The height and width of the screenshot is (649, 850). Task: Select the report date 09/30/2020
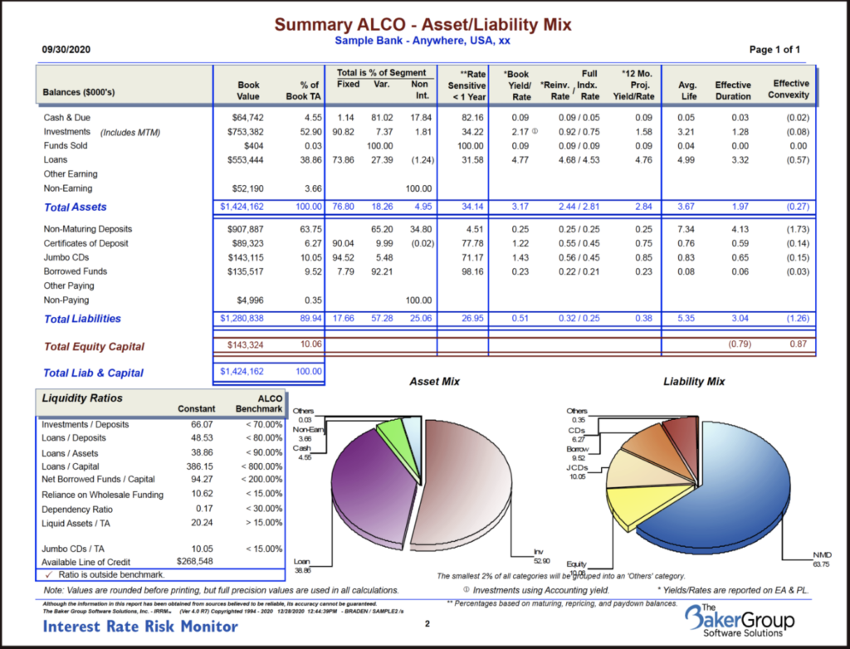click(x=66, y=50)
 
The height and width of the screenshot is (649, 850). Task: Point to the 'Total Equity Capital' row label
click(x=94, y=347)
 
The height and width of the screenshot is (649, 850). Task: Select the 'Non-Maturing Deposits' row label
click(x=87, y=229)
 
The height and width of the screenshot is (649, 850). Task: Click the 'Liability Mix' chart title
click(x=693, y=382)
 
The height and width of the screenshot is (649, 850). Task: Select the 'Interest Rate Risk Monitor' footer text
click(x=140, y=627)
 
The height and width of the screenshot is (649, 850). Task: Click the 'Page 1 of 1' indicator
click(x=774, y=50)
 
